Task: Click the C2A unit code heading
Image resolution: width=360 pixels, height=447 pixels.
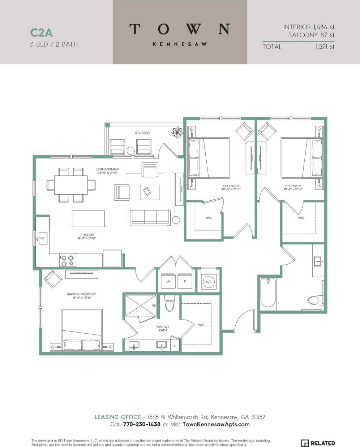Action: click(41, 32)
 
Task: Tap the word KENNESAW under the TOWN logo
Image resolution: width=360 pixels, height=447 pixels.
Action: click(180, 44)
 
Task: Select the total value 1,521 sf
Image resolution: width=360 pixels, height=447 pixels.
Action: click(325, 47)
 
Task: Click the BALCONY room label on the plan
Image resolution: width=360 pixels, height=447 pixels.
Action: click(143, 133)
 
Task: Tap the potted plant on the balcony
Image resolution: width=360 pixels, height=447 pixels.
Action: click(177, 133)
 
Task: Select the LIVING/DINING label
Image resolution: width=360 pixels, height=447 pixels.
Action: click(107, 171)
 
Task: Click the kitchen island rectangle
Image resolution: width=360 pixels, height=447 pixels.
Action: click(88, 219)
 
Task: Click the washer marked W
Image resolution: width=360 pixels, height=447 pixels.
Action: click(168, 281)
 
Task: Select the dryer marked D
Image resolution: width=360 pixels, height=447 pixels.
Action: click(185, 281)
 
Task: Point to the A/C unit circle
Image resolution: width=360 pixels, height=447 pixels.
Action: click(209, 282)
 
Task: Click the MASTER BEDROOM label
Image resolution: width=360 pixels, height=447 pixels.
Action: click(82, 296)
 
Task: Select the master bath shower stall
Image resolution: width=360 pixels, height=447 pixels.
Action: click(140, 306)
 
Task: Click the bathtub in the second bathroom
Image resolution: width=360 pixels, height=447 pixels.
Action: click(268, 292)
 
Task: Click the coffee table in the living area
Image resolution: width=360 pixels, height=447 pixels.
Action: click(150, 192)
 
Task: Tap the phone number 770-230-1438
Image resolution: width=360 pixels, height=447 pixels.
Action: click(142, 424)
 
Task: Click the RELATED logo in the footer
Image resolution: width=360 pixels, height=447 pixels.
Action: click(318, 443)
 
